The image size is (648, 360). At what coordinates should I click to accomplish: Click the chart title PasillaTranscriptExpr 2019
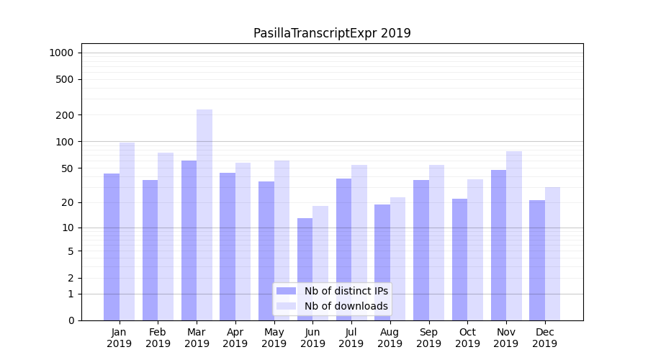point(332,33)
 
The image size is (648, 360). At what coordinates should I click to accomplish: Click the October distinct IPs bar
point(459,259)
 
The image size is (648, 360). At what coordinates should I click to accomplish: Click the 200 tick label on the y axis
point(65,115)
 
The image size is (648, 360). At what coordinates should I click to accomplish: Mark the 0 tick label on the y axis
point(71,320)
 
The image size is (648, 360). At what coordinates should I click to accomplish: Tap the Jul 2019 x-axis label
point(351,338)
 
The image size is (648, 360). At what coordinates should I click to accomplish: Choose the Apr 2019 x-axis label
point(235,338)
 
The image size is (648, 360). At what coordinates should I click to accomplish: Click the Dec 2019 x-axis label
point(544,338)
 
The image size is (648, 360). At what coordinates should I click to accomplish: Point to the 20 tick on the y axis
point(68,202)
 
